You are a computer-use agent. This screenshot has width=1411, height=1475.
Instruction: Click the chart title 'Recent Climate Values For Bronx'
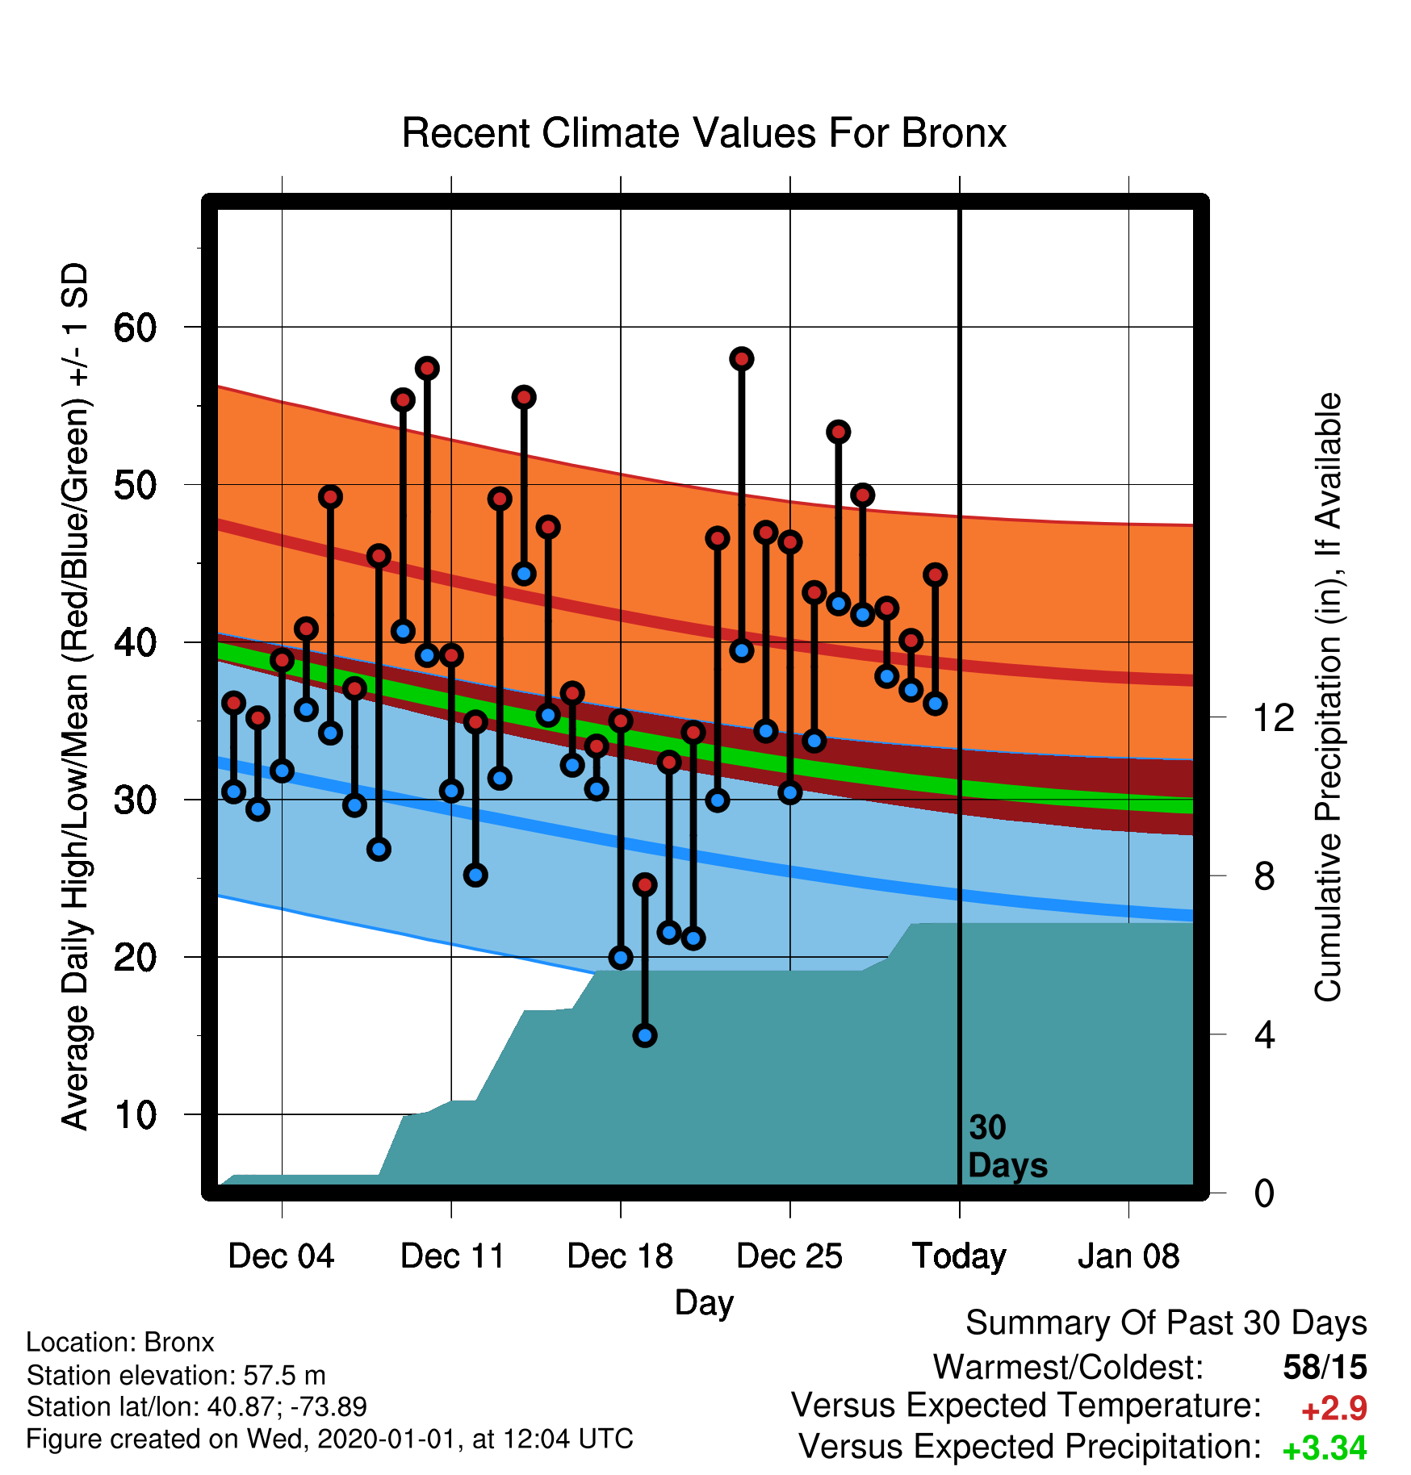(704, 133)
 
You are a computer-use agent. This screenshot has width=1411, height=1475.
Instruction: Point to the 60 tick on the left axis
(135, 328)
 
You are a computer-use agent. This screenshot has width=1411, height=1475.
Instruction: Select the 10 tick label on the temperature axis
(135, 1115)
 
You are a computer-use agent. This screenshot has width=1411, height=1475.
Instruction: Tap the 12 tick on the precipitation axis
(1274, 717)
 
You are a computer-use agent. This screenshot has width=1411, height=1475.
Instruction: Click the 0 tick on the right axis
(1264, 1193)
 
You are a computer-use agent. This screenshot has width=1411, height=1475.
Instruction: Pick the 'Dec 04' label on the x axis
(281, 1256)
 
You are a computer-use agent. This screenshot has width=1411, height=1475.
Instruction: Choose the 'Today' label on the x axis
(959, 1257)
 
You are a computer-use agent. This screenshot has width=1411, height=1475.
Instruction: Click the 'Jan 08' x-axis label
(1128, 1256)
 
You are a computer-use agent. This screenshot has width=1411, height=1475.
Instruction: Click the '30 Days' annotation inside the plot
(1007, 1147)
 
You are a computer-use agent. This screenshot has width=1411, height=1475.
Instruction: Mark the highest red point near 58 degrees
(742, 358)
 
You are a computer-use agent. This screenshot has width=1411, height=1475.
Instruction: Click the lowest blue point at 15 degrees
(645, 1035)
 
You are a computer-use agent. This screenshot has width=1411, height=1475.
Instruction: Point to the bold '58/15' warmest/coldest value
(1325, 1367)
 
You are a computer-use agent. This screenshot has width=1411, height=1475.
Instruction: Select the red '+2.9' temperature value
(1334, 1409)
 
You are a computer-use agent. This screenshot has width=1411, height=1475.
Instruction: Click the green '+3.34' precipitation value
(1325, 1449)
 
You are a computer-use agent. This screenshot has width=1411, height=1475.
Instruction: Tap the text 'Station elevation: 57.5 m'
(176, 1375)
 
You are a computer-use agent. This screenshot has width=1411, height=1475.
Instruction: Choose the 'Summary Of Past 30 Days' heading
(1166, 1323)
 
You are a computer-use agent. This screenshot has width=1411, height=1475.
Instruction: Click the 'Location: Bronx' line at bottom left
(120, 1342)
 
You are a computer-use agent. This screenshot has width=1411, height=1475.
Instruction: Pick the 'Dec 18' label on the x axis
(620, 1256)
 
